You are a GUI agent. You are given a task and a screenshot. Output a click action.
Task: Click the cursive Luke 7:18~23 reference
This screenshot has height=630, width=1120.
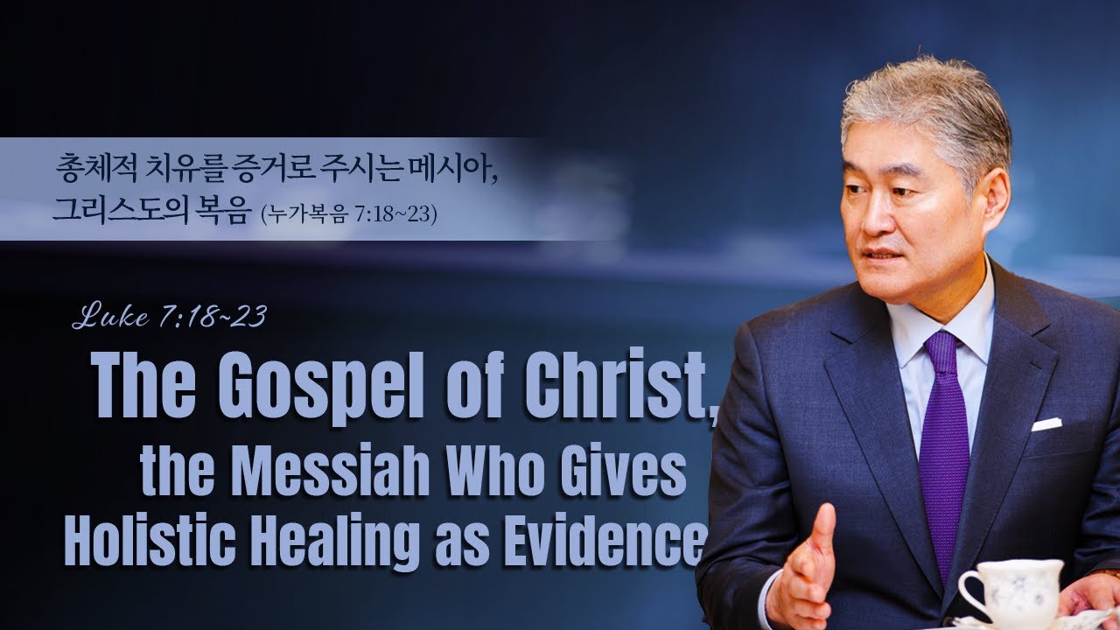pyautogui.click(x=169, y=317)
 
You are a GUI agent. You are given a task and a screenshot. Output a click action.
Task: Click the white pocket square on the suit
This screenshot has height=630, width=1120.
pyautogui.click(x=1046, y=424)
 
